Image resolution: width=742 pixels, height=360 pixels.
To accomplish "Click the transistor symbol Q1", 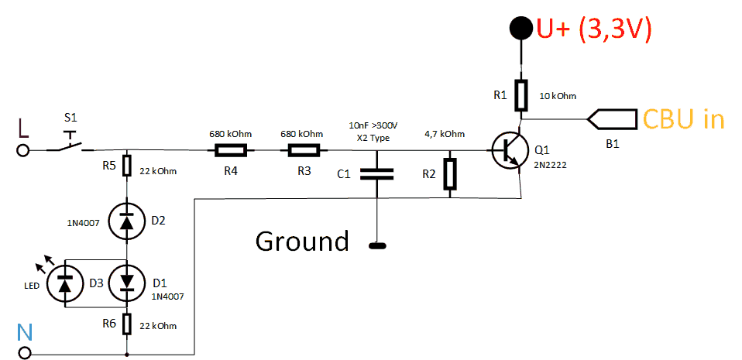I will click(507, 150).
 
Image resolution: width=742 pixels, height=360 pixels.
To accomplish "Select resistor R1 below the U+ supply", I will click(522, 95).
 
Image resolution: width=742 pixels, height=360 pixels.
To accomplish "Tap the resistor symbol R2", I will click(451, 174).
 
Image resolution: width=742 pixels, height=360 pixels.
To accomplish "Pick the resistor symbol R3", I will click(304, 150).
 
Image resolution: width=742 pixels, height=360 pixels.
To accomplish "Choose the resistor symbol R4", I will click(231, 150).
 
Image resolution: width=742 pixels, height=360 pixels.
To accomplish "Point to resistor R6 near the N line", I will click(126, 323).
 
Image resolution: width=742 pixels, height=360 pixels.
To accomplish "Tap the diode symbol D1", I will click(126, 283).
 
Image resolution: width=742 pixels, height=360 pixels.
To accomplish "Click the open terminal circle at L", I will click(25, 150).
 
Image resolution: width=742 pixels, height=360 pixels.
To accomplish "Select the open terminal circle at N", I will click(25, 354).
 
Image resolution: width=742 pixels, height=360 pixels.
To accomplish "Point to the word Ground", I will click(303, 242).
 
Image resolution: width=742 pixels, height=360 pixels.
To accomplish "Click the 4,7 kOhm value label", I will click(445, 133).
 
